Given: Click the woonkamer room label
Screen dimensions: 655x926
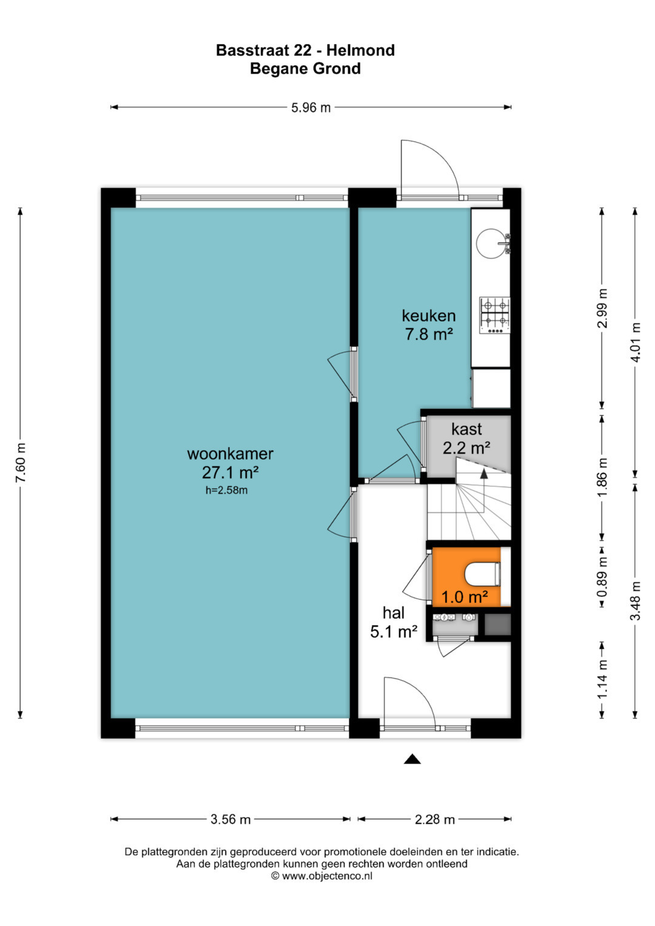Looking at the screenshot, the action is tap(230, 454).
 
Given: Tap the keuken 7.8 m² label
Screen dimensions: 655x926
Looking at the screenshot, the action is tap(429, 325).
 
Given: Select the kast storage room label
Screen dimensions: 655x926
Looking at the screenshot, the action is tap(466, 429).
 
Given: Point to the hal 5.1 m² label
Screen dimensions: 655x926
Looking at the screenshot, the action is tap(393, 622).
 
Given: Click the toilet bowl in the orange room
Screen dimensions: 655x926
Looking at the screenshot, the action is tap(483, 574).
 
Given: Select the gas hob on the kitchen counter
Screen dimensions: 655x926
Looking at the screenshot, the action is tap(494, 315).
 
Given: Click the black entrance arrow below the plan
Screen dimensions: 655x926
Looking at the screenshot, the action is tap(412, 759).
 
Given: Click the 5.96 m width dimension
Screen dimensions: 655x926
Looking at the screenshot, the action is tap(311, 107).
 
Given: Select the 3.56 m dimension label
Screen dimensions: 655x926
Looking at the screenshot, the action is tap(230, 819).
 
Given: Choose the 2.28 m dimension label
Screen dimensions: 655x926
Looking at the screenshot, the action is tap(435, 819).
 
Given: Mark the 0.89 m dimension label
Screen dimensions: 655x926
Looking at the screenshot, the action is tap(602, 577).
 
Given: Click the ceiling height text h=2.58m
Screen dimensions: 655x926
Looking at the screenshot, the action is tap(227, 490).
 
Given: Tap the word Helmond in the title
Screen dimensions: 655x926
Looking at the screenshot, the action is tap(361, 50).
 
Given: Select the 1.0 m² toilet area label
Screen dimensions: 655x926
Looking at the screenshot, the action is tap(465, 597).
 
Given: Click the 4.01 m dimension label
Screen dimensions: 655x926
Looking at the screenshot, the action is tap(636, 342).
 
